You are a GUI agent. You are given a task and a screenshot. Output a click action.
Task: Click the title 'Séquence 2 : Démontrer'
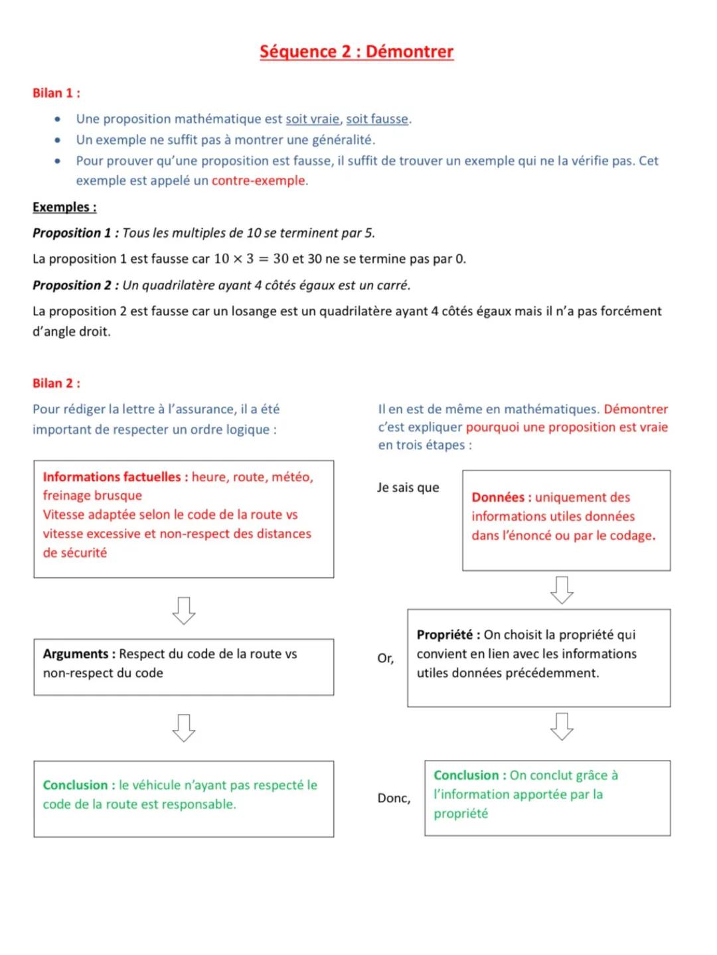pyautogui.click(x=357, y=52)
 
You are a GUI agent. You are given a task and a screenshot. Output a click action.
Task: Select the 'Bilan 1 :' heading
pyautogui.click(x=56, y=93)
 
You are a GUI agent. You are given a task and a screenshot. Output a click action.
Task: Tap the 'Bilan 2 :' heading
pyautogui.click(x=56, y=383)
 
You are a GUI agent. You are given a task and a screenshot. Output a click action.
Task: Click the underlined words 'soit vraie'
pyautogui.click(x=312, y=119)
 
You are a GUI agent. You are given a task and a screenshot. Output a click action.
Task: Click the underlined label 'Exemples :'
pyautogui.click(x=64, y=207)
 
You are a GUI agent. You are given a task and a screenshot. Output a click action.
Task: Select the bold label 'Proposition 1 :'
pyautogui.click(x=76, y=233)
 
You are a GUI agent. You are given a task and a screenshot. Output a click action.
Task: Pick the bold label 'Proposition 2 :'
pyautogui.click(x=76, y=285)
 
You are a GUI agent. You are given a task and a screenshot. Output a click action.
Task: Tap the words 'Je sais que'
pyautogui.click(x=408, y=487)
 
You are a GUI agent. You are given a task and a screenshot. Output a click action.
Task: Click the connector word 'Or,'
pyautogui.click(x=385, y=658)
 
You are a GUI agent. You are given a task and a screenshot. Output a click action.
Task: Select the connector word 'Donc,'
pyautogui.click(x=394, y=798)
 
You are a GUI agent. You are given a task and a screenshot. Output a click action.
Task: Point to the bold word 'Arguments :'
pyautogui.click(x=79, y=654)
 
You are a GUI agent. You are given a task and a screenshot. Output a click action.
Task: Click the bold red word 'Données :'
pyautogui.click(x=501, y=497)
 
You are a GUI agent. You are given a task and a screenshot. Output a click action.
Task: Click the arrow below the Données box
pyautogui.click(x=562, y=589)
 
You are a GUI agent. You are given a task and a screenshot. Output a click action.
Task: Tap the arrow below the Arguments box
pyautogui.click(x=183, y=727)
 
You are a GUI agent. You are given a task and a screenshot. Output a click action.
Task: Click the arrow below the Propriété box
pyautogui.click(x=562, y=726)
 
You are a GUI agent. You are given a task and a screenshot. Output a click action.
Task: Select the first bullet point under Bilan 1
pyautogui.click(x=58, y=119)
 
